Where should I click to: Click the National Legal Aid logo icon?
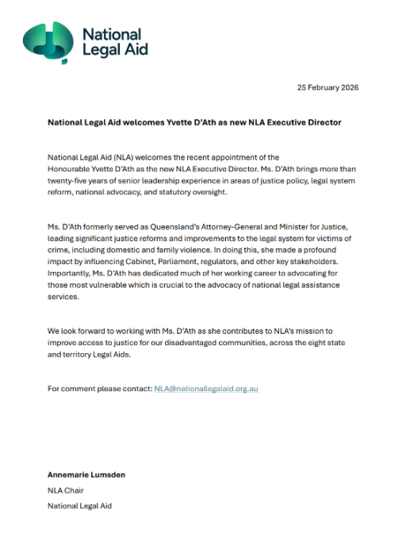tap(48, 40)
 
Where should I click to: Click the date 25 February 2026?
tap(327, 87)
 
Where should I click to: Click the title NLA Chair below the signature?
tap(66, 490)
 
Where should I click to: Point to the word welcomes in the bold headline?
tap(147, 123)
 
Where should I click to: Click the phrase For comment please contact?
tap(99, 388)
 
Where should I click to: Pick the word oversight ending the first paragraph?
tap(182, 193)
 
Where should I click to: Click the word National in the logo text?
tap(113, 34)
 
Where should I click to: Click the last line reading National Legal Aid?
tap(80, 505)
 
